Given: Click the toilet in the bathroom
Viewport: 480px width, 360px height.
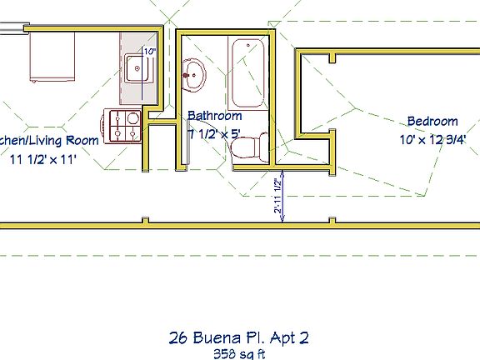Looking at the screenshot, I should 247,147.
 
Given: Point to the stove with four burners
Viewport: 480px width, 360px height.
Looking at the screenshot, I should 124,125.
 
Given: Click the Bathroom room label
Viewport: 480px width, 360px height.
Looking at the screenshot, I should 214,116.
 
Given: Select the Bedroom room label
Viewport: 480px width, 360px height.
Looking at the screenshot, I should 432,121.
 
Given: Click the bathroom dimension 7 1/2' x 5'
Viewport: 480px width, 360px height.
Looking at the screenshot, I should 213,132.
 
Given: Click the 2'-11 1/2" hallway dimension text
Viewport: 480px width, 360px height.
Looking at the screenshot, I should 277,194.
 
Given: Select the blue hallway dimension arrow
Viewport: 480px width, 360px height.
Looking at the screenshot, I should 283,197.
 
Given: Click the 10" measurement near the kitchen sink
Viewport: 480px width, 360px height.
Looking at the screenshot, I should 150,52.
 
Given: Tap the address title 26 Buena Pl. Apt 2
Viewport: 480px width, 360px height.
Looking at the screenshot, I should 240,337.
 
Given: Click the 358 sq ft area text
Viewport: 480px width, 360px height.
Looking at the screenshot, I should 240,353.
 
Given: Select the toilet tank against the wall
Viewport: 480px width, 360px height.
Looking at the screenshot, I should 262,147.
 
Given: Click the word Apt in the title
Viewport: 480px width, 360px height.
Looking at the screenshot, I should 282,337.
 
